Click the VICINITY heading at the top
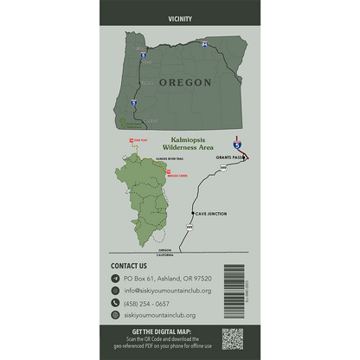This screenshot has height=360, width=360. point(179,17)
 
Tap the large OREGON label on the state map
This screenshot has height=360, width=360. point(184,82)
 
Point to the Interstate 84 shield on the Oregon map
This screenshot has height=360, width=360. point(204,43)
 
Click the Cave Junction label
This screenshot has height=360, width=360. point(212,213)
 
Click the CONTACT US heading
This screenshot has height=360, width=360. point(134,266)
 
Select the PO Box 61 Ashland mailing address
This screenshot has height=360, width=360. point(169,279)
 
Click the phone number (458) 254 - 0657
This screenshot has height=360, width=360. point(146,304)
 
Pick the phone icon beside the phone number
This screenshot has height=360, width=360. point(115,304)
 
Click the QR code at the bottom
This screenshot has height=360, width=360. point(232,338)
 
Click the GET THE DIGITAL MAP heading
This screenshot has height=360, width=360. point(164,331)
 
